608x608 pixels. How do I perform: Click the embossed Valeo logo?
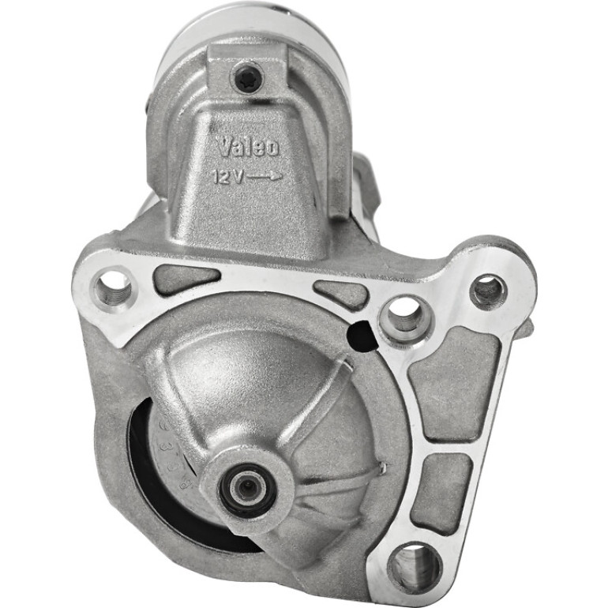coord(248,147)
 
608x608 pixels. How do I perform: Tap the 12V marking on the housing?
coord(229,178)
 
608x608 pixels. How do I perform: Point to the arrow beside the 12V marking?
coord(265,177)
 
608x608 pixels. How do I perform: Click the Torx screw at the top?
coord(247,80)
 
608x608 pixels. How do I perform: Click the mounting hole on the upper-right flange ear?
coord(488,291)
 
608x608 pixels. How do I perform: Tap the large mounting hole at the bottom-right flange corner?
coord(415,565)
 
